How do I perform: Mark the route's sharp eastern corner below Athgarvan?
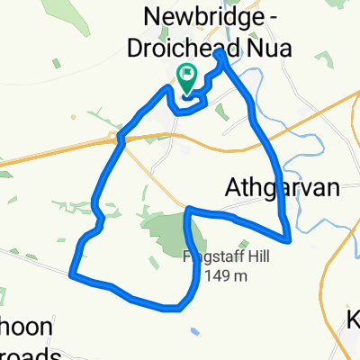pyautogui.click(x=288, y=239)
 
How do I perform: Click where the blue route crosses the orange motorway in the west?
pyautogui.click(x=118, y=138)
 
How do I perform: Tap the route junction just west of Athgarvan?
pyautogui.click(x=187, y=212)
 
